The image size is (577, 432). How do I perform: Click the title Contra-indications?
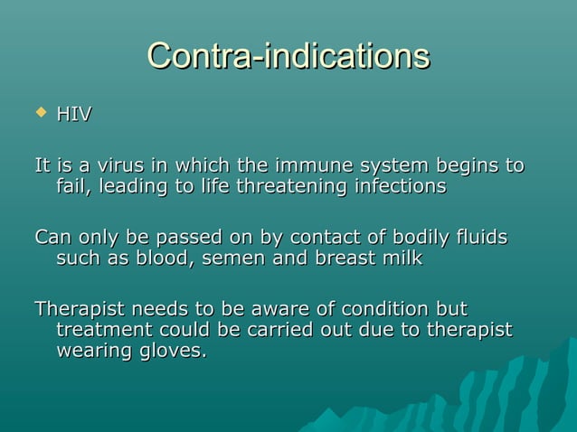pos(288,56)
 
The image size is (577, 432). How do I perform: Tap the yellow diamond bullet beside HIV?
pos(39,112)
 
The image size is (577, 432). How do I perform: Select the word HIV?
pos(74,115)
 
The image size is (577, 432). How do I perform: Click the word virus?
pos(120,166)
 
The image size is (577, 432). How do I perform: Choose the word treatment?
pos(99,330)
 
